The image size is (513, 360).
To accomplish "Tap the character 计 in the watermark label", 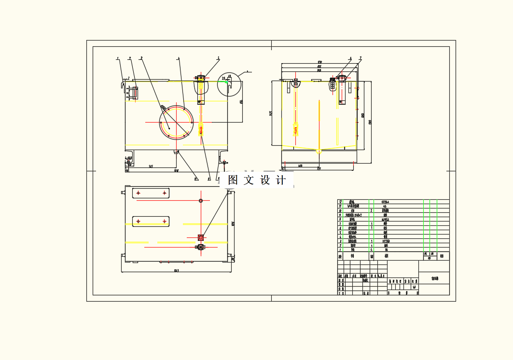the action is tap(280, 180).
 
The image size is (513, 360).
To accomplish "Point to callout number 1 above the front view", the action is tap(118, 58).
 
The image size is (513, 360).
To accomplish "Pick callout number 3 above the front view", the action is tap(141, 58).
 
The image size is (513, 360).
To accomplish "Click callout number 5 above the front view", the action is tap(218, 58).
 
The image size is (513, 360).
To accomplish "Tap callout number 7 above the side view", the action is tap(360, 58).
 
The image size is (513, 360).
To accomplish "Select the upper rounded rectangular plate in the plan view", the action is tap(151, 193).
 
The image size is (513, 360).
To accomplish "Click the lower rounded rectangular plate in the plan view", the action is tap(151, 221).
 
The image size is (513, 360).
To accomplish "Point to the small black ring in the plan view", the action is tap(201, 200).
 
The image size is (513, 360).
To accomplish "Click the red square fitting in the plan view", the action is tap(201, 237).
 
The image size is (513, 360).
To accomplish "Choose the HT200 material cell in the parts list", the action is tap(385, 241).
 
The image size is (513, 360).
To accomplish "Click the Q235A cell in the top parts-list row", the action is tap(385, 202).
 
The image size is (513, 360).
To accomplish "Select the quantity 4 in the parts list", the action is tap(371, 249).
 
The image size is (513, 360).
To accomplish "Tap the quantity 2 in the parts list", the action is tap(371, 210).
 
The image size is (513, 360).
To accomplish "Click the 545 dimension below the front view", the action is tap(151, 166).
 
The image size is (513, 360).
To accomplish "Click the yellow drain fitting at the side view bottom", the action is tap(319, 151).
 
